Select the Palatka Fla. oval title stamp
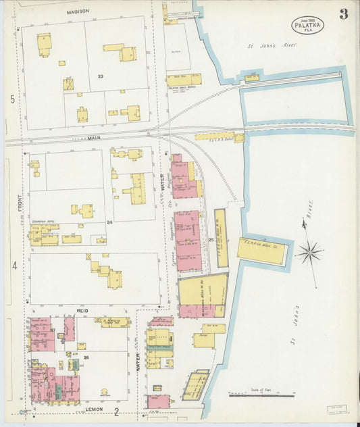(x=308, y=24)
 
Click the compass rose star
(x=309, y=253)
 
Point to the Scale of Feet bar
(x=261, y=395)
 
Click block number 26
(x=86, y=357)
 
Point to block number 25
(x=211, y=239)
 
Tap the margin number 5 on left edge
(x=12, y=99)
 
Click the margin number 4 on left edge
(x=14, y=266)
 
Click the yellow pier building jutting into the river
(x=262, y=251)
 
